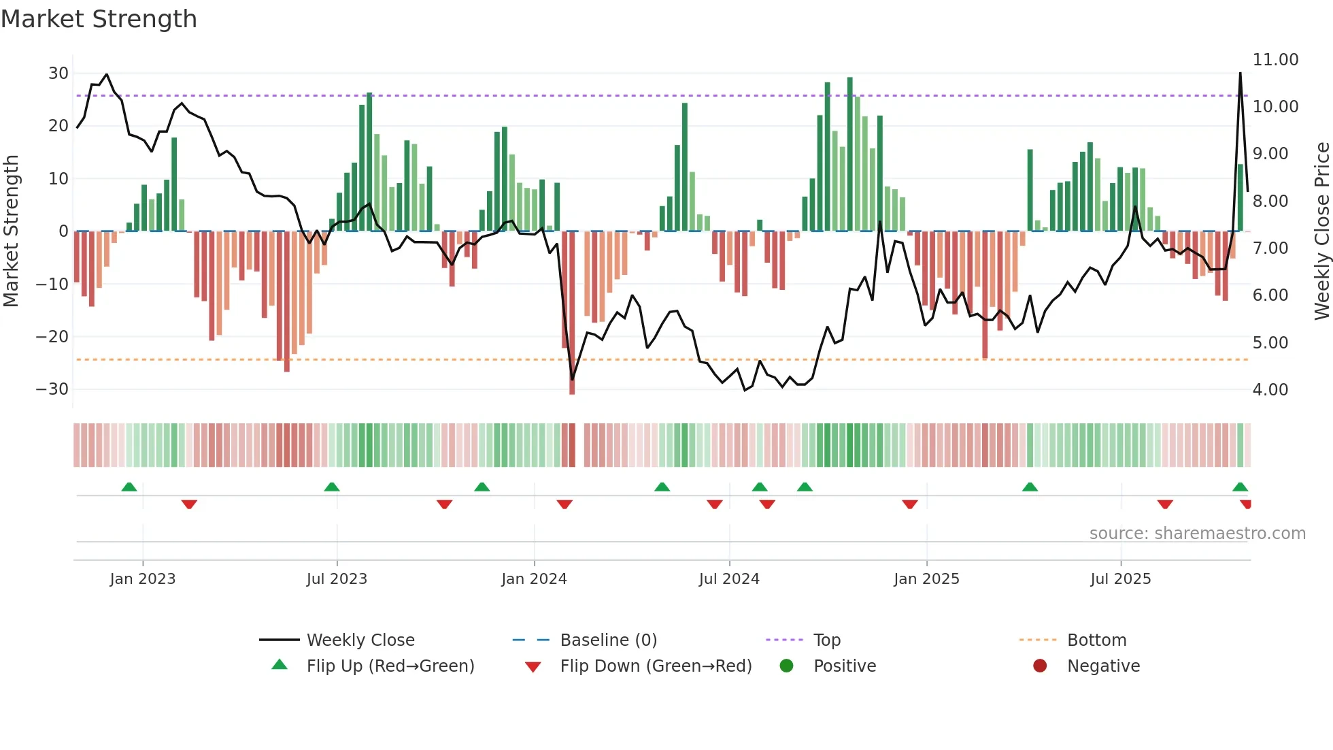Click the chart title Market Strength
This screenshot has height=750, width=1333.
(x=99, y=19)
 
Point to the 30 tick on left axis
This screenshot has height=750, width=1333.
(x=58, y=74)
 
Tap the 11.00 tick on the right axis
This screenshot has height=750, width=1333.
(x=1275, y=60)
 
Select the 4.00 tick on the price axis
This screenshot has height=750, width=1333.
(x=1270, y=390)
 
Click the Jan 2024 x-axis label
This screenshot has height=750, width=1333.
(x=534, y=579)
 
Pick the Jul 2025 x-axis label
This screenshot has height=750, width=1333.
(x=1120, y=579)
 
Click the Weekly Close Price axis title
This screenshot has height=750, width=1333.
(x=1321, y=231)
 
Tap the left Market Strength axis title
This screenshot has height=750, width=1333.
(x=12, y=231)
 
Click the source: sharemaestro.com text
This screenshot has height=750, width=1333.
(x=1197, y=534)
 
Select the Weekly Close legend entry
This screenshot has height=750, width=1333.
(x=360, y=640)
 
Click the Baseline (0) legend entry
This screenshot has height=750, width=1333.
(x=608, y=640)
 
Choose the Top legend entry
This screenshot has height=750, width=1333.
(x=827, y=640)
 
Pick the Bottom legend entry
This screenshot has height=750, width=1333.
(x=1096, y=640)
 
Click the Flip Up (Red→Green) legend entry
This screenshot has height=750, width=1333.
(x=390, y=666)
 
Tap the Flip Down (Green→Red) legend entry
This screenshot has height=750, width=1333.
(x=656, y=666)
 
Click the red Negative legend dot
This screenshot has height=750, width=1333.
(x=1040, y=666)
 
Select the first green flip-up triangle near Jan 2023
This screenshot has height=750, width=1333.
(x=129, y=487)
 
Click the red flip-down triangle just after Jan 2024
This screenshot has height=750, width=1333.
(x=564, y=504)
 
